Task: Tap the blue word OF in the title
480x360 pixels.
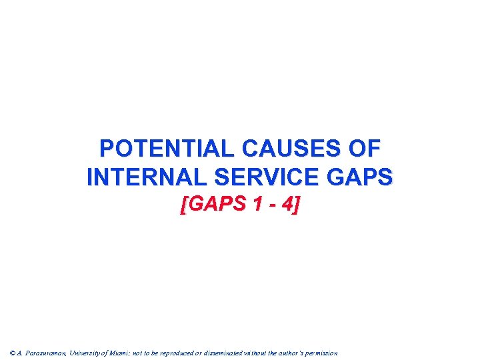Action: pos(370,148)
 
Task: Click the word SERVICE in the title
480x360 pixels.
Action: pos(263,177)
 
